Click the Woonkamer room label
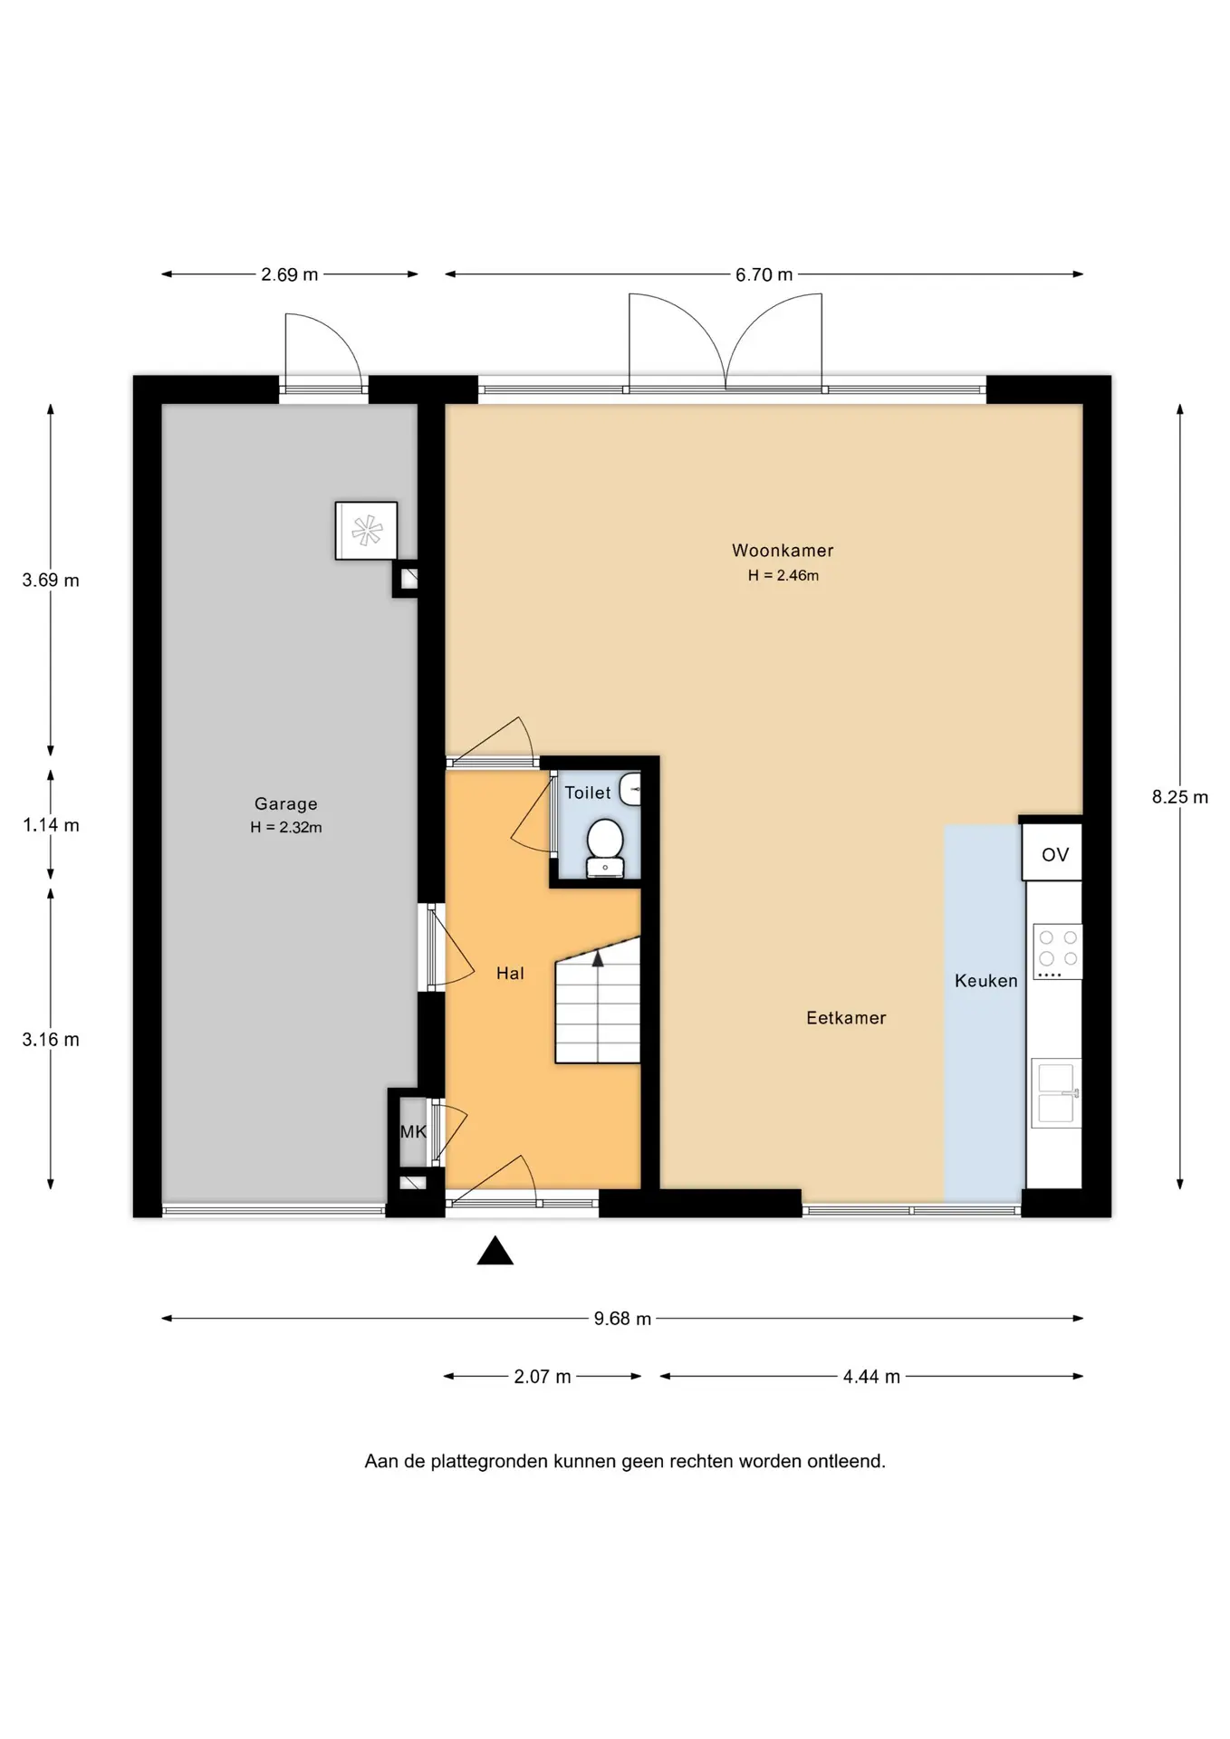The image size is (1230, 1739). [783, 550]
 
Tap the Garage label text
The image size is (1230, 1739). [286, 803]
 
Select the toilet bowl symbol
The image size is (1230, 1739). [604, 848]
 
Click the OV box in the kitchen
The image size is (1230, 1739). [1052, 852]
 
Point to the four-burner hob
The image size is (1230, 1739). [1058, 952]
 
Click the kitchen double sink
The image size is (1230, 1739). [1056, 1092]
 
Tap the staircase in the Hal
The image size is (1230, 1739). [598, 1000]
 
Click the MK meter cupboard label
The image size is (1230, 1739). [413, 1132]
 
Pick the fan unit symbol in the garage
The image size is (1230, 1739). [366, 531]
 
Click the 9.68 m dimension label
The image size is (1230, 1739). [623, 1319]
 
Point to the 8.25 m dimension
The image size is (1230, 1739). [1180, 797]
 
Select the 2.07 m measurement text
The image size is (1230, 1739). [543, 1377]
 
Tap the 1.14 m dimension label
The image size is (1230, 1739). [51, 825]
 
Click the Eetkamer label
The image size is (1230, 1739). [846, 1018]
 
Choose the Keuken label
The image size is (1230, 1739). [985, 981]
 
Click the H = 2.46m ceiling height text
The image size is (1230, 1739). [783, 575]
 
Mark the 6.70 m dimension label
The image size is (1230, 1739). [764, 274]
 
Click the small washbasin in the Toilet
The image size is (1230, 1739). [630, 789]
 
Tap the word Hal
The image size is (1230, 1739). [510, 974]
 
